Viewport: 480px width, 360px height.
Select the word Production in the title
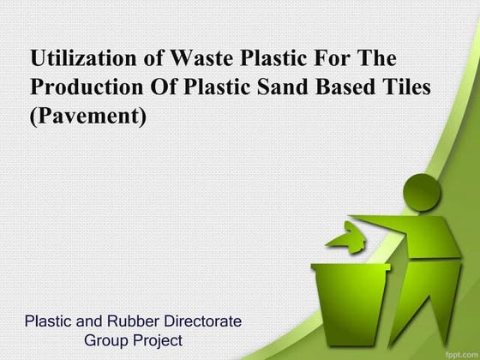point(85,87)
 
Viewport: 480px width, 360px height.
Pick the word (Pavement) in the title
point(88,116)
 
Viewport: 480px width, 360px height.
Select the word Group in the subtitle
point(106,340)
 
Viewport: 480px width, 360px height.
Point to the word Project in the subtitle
point(158,340)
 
